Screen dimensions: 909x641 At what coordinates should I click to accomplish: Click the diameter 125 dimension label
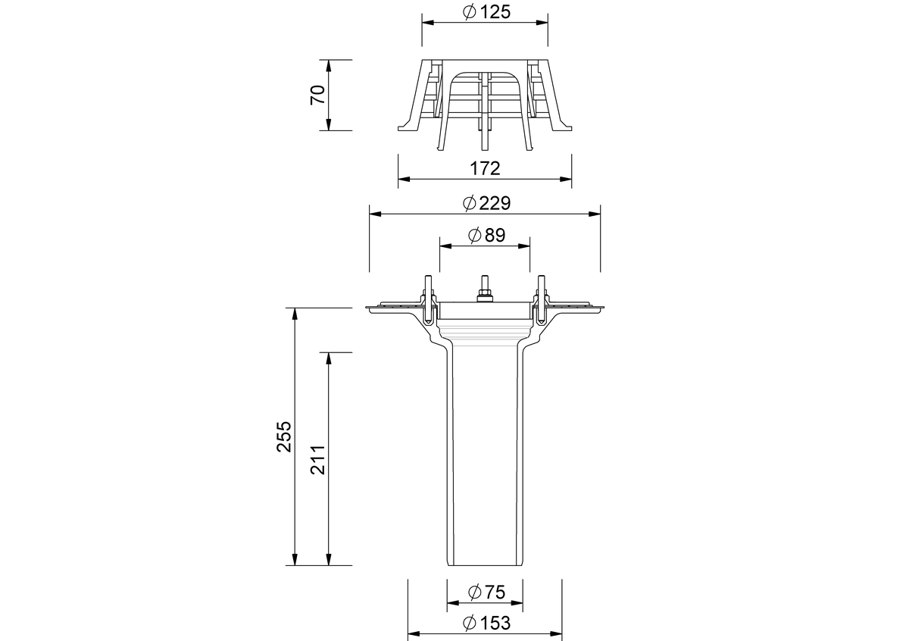[486, 12]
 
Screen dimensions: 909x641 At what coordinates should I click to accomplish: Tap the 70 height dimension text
[317, 95]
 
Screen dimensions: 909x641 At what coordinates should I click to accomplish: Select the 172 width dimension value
[485, 168]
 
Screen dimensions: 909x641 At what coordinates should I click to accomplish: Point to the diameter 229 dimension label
[486, 203]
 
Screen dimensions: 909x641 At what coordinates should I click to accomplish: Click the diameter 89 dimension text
[486, 235]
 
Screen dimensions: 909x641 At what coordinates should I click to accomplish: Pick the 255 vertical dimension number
[284, 436]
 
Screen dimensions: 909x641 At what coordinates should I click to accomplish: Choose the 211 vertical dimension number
[317, 460]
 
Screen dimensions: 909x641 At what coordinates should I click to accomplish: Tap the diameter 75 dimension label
[486, 593]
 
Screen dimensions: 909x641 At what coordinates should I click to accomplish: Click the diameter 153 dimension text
[486, 623]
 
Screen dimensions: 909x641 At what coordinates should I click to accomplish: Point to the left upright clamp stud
[428, 299]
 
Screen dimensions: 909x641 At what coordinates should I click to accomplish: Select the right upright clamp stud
[542, 299]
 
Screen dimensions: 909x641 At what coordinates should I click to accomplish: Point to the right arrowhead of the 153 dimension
[556, 633]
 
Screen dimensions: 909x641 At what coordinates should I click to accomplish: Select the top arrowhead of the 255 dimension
[295, 314]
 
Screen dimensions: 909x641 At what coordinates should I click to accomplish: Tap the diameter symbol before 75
[474, 593]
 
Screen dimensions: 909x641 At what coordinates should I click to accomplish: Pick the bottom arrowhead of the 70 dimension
[329, 124]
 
